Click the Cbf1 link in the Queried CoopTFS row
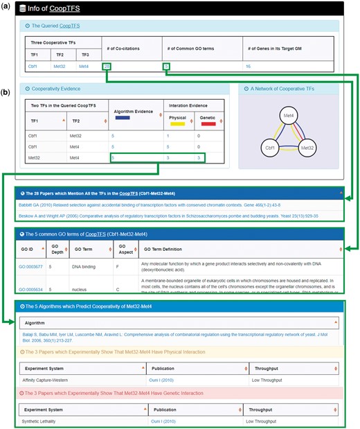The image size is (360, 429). (31, 66)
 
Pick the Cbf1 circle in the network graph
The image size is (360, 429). (269, 148)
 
